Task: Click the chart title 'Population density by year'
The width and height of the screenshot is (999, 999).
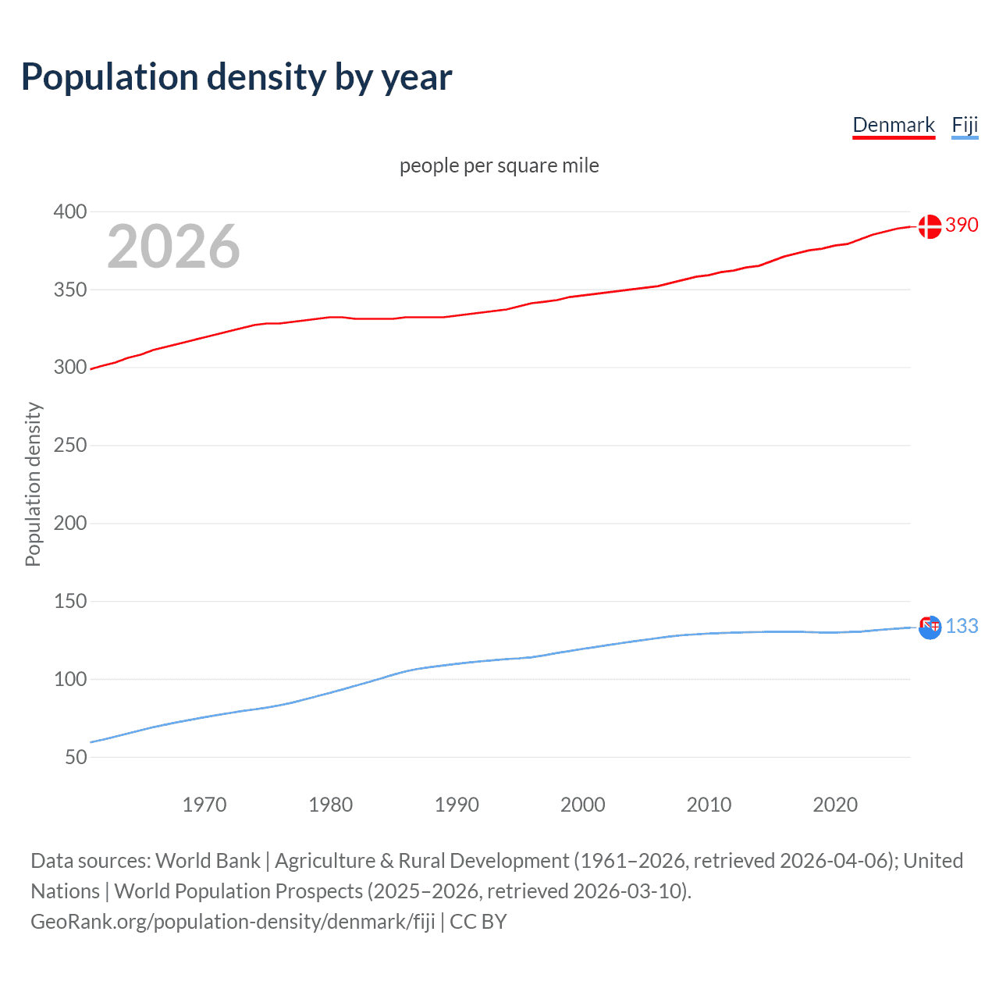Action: coord(236,77)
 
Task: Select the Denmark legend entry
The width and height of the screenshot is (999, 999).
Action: coord(893,125)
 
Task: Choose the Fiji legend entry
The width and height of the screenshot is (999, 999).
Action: coord(965,125)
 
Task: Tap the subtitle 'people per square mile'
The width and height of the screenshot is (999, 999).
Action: coord(499,165)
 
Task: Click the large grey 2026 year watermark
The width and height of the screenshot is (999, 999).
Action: coord(173,247)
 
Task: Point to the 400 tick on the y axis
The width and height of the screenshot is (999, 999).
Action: coord(70,212)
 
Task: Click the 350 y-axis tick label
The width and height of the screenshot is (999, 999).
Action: coord(70,290)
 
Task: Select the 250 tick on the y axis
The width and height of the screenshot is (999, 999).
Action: coord(70,445)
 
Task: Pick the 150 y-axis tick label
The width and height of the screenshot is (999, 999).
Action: coord(70,601)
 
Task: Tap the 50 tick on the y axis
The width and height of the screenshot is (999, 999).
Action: coord(76,757)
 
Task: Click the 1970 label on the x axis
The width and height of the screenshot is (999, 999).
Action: coord(204,805)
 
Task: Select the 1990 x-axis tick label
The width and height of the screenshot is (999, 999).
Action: coord(457,805)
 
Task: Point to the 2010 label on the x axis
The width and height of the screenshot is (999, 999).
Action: coord(709,805)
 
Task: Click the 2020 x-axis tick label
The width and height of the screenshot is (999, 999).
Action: coord(835,805)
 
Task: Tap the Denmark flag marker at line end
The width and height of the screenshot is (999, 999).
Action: coord(930,226)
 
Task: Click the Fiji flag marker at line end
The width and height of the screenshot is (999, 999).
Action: coord(930,627)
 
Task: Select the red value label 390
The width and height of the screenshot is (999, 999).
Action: coord(962,225)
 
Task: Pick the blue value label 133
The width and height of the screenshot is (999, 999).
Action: coord(962,626)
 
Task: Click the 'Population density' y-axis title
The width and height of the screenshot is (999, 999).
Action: coord(33,484)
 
